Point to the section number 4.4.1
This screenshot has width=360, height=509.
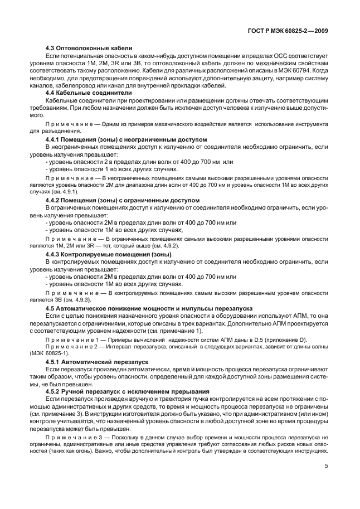tap(53, 138)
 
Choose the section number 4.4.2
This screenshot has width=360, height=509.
tap(53, 199)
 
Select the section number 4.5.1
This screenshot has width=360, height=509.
tap(53, 361)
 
